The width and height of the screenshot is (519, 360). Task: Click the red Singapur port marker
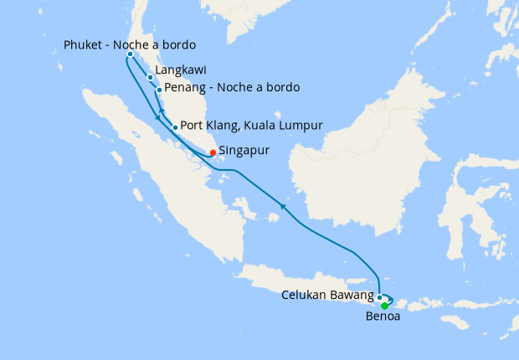pyautogui.click(x=213, y=152)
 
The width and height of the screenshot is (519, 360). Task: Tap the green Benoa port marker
pyautogui.click(x=384, y=306)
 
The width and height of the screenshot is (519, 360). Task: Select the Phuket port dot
pyautogui.click(x=130, y=54)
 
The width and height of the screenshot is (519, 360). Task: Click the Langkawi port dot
pyautogui.click(x=150, y=78)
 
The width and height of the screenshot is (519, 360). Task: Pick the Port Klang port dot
pyautogui.click(x=174, y=128)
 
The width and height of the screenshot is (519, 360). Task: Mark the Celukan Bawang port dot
pyautogui.click(x=379, y=297)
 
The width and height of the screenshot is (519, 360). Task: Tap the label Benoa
pyautogui.click(x=382, y=317)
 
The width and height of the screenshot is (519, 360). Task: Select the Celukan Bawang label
pyautogui.click(x=326, y=296)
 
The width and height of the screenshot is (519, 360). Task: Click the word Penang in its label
pyautogui.click(x=186, y=87)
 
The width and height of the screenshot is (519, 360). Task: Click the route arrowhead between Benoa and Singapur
pyautogui.click(x=283, y=205)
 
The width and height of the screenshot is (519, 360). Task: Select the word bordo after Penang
pyautogui.click(x=282, y=87)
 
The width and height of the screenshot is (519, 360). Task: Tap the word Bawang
pyautogui.click(x=352, y=296)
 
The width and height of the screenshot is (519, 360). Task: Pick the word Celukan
pyautogui.click(x=304, y=296)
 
